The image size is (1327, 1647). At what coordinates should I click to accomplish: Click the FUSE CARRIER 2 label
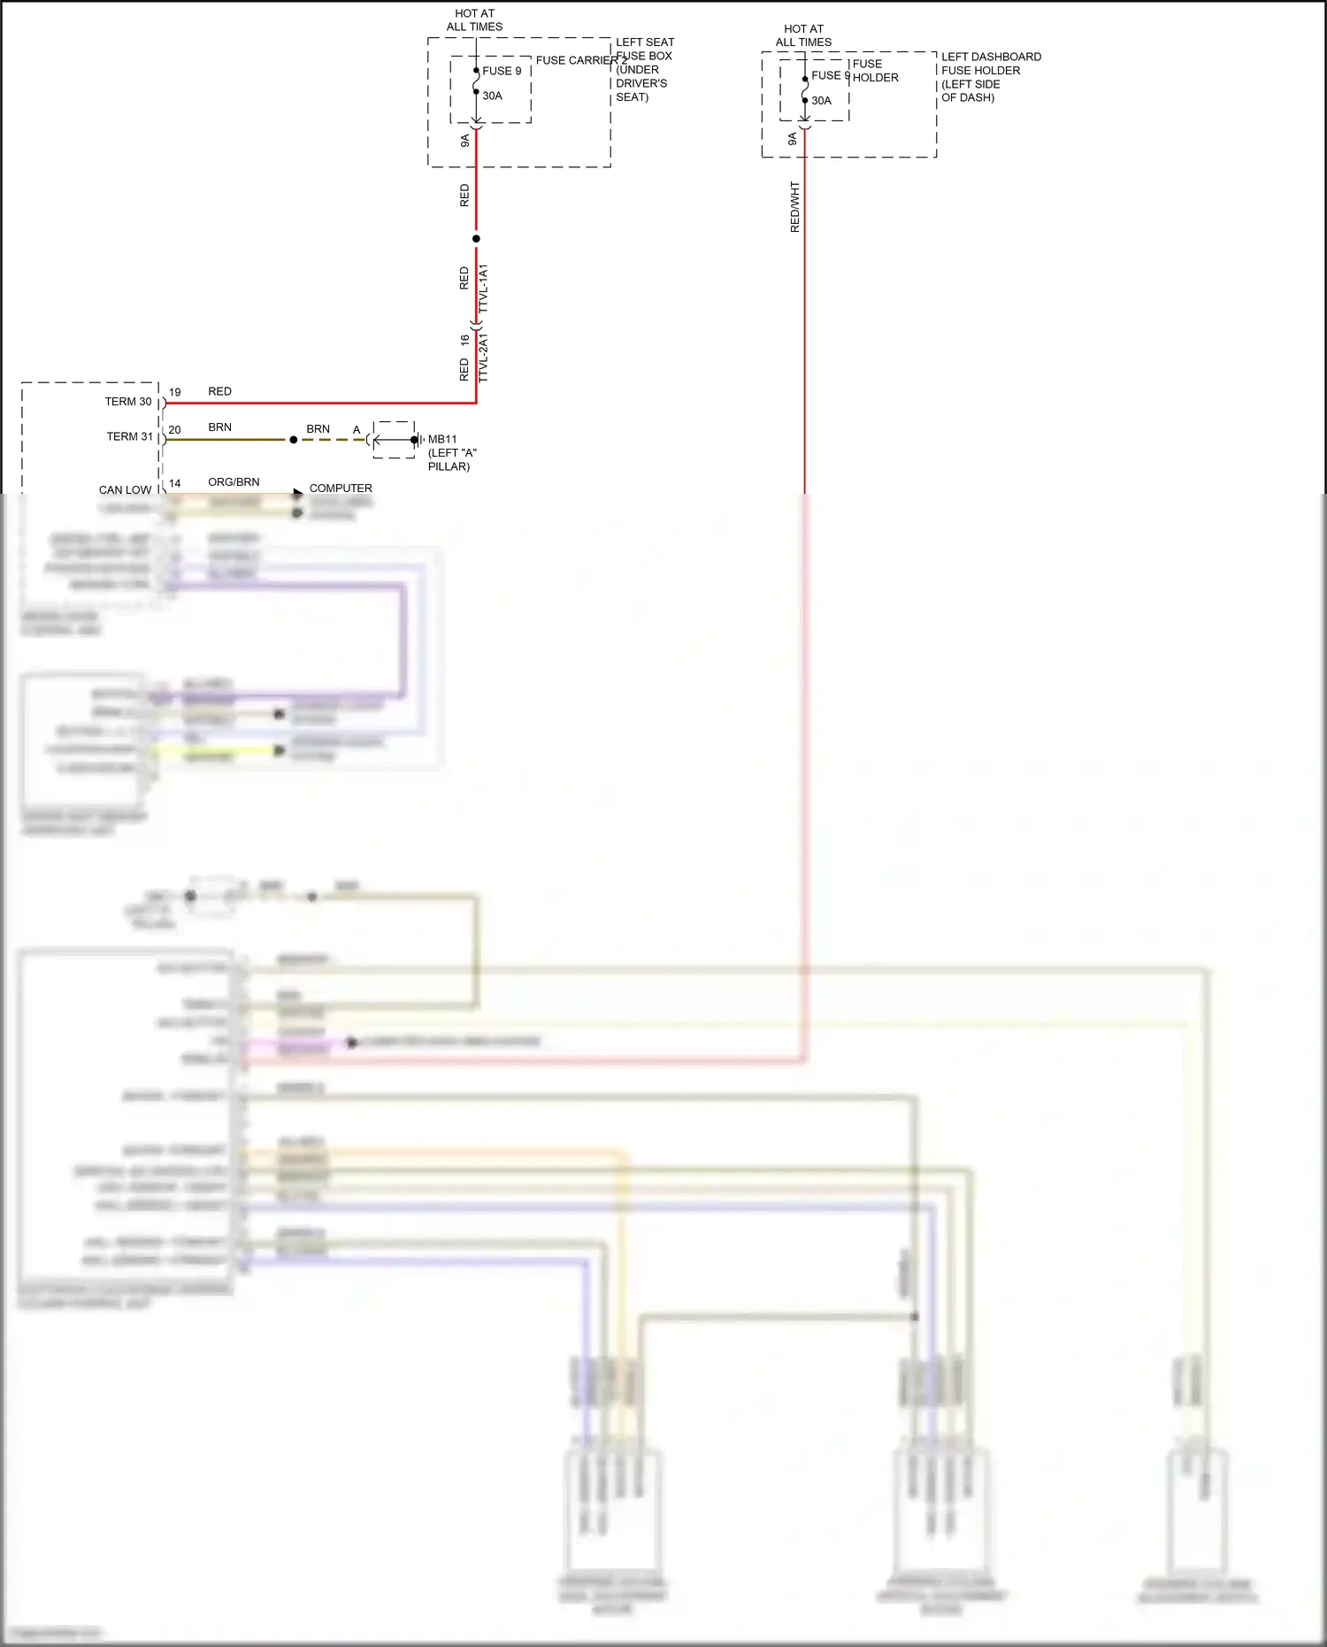tap(579, 60)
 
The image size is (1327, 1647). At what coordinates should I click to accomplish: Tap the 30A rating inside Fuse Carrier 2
tap(492, 96)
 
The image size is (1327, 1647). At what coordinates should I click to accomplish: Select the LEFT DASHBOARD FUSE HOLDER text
tap(990, 77)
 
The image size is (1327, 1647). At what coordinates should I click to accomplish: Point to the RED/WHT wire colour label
tap(794, 207)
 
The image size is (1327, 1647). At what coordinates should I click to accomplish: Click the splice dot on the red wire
tap(476, 239)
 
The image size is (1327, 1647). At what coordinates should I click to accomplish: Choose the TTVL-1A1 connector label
tap(483, 288)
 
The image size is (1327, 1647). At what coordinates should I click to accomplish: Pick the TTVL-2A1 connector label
tap(483, 358)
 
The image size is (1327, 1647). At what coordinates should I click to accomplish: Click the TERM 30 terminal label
tap(128, 402)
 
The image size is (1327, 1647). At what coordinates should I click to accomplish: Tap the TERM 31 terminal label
tap(129, 436)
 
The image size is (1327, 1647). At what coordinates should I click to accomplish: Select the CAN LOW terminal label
tap(125, 489)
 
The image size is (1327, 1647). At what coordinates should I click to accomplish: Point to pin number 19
tap(175, 392)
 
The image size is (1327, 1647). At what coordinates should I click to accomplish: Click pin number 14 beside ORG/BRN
tap(175, 483)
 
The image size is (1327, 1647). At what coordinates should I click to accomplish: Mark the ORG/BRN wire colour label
tap(234, 482)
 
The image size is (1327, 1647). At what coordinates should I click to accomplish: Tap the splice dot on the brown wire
tap(294, 440)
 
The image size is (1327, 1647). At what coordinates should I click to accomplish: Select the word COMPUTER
tap(341, 489)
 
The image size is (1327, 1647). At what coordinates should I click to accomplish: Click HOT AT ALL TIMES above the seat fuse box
tap(474, 20)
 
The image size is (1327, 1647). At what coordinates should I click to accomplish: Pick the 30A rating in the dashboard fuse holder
tap(821, 101)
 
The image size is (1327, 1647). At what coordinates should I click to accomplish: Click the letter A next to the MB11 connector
tap(357, 430)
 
